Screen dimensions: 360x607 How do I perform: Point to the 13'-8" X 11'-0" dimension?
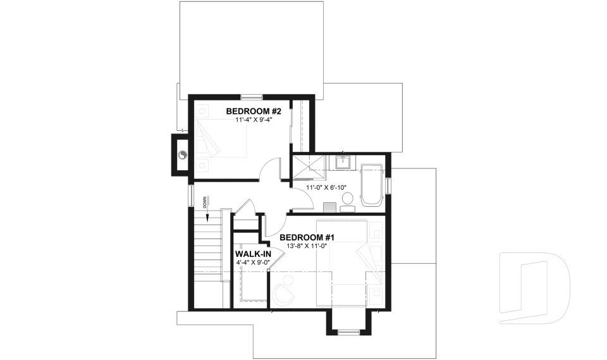point(307,245)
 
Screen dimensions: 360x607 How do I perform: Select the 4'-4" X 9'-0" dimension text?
point(252,263)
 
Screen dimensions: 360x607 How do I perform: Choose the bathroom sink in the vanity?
point(344,163)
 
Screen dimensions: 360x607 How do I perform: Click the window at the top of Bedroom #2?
point(252,97)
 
